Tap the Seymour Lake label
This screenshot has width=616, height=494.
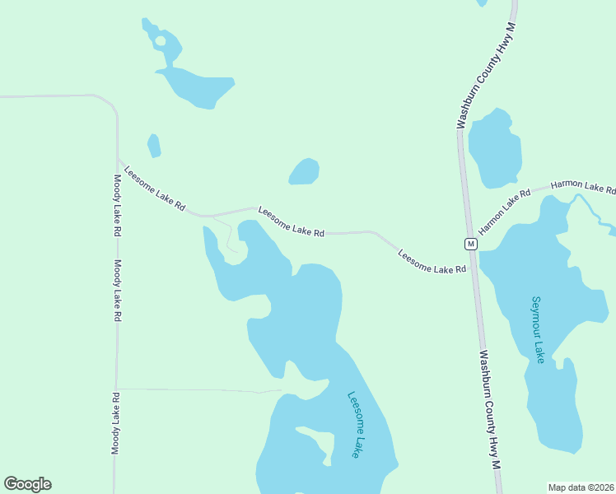[538, 329]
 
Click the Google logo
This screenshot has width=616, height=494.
[27, 484]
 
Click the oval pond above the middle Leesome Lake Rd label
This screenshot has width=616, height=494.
[304, 171]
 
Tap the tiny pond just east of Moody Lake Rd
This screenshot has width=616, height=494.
[153, 146]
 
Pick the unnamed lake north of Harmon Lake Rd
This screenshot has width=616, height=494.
[495, 149]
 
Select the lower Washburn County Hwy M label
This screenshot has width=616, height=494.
[490, 410]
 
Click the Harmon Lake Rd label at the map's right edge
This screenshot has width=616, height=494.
[582, 187]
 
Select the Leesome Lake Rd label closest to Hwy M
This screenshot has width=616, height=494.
[432, 261]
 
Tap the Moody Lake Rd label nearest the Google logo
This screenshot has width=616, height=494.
[116, 423]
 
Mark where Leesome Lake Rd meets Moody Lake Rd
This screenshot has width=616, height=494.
[118, 159]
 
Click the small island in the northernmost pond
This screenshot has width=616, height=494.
[160, 40]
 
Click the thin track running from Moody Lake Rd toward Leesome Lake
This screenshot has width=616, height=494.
[198, 389]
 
